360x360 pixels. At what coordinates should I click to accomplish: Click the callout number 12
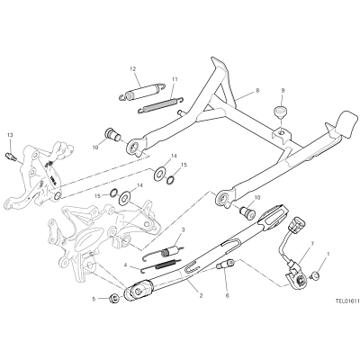point(133,68)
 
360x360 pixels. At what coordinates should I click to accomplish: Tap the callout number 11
point(175,79)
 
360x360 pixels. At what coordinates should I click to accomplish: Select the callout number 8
point(257,90)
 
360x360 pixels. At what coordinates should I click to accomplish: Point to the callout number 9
point(283,90)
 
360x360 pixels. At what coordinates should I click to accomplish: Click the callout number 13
point(10,135)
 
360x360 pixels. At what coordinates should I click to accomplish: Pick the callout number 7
point(312,244)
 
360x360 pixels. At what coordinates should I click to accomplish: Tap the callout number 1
point(328,254)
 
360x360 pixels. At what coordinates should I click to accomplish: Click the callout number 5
point(94,299)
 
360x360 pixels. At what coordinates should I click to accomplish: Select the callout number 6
point(227,296)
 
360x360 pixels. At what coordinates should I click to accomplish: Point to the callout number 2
point(201,295)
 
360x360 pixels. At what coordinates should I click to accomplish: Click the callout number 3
point(183,229)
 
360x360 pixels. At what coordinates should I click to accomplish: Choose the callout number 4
point(126,265)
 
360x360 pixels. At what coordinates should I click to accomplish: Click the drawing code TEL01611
point(347,300)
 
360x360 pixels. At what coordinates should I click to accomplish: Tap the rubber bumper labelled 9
point(281,112)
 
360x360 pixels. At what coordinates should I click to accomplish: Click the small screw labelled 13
point(11,157)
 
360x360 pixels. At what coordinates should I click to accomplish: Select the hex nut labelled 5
point(114,298)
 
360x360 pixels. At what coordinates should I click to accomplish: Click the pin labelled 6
point(226,265)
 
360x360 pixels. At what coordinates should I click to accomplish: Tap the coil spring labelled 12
point(141,90)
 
